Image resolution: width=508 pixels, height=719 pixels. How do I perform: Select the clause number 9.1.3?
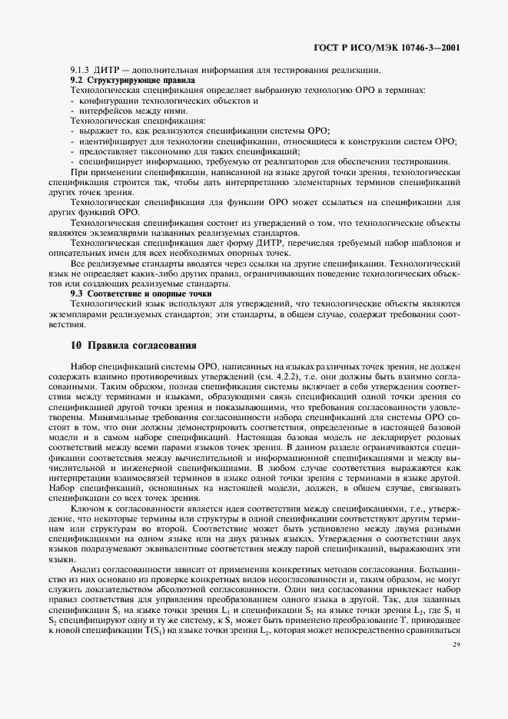point(81,71)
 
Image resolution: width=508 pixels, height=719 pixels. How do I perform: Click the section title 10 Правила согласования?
point(132,344)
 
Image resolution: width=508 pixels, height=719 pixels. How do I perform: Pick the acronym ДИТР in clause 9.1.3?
point(109,71)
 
